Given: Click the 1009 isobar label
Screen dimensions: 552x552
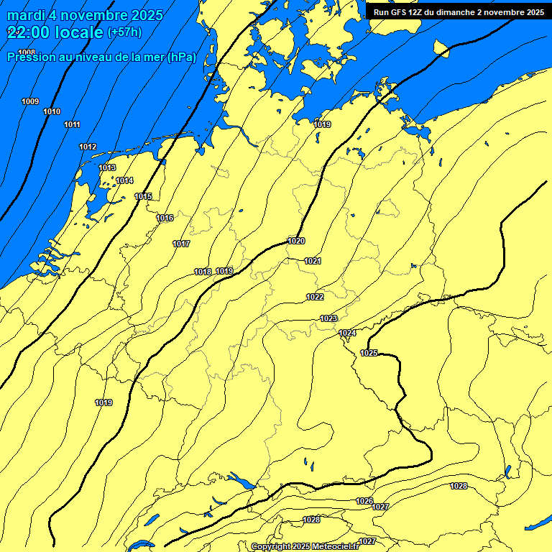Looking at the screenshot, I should pyautogui.click(x=30, y=101).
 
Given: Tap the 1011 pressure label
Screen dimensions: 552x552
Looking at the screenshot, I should pyautogui.click(x=72, y=125).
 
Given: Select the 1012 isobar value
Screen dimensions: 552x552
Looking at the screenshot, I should pyautogui.click(x=88, y=147).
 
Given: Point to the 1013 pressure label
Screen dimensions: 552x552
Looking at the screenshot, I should pyautogui.click(x=107, y=167).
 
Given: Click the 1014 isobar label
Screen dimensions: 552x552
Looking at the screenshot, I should pyautogui.click(x=124, y=180).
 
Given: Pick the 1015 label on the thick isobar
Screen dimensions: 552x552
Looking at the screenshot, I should pyautogui.click(x=143, y=196).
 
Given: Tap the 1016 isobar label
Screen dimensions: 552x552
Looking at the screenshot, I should pyautogui.click(x=165, y=218).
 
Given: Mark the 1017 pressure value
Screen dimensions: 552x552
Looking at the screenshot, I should pyautogui.click(x=181, y=244).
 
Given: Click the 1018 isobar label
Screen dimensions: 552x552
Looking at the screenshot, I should pyautogui.click(x=203, y=272).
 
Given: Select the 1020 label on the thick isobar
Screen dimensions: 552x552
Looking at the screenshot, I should pyautogui.click(x=296, y=241).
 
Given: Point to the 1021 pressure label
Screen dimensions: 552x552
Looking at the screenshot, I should pyautogui.click(x=313, y=261).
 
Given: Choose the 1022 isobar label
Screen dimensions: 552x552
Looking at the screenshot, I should pyautogui.click(x=315, y=297).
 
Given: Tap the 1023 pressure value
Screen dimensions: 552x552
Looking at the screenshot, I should pyautogui.click(x=328, y=318).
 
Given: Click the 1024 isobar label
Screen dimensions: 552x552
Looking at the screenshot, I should pyautogui.click(x=348, y=333).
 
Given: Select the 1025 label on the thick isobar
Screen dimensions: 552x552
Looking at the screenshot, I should pyautogui.click(x=369, y=353).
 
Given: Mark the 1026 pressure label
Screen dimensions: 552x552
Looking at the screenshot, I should pyautogui.click(x=364, y=501).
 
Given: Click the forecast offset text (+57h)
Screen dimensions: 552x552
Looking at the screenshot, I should pyautogui.click(x=124, y=32).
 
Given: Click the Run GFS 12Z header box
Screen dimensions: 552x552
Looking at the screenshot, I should pyautogui.click(x=459, y=11).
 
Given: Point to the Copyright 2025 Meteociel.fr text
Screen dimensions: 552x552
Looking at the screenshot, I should pyautogui.click(x=305, y=546).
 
